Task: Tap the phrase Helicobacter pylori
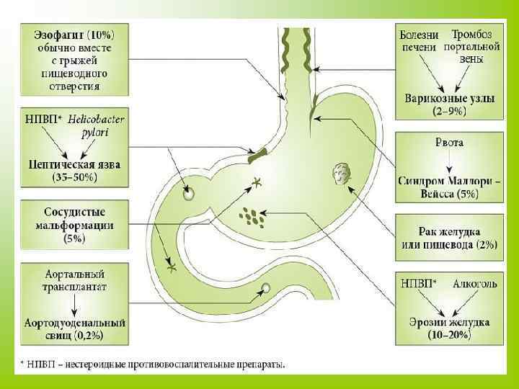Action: point(97,125)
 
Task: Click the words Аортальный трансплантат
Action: point(75,280)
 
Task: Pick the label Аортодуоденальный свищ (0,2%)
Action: point(75,328)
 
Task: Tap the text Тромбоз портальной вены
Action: point(472,46)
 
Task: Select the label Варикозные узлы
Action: point(449,99)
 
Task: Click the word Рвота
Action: point(448,142)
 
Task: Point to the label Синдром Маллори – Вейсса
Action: point(448,187)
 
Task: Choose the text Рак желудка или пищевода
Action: point(448,238)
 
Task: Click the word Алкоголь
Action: point(474,285)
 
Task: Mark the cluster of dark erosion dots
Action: point(252,216)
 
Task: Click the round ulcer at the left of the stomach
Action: point(188,194)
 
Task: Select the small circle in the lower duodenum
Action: point(266,288)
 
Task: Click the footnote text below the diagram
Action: point(151,365)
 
